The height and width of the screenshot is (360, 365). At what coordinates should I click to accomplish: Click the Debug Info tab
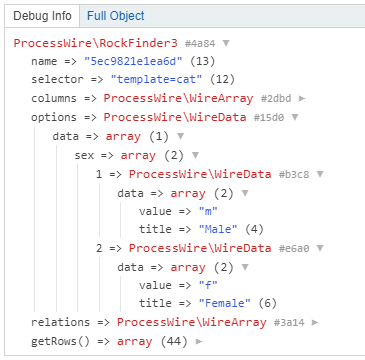[42, 16]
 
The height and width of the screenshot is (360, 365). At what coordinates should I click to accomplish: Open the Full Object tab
[116, 16]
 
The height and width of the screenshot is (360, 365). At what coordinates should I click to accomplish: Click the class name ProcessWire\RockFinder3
[96, 43]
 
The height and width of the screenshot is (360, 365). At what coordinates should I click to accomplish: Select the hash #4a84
[200, 43]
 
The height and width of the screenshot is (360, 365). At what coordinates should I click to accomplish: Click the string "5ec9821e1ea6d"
[134, 61]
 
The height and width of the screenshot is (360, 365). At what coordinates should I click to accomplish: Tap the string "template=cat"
[157, 79]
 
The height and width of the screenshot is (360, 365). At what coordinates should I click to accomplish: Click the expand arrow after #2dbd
[302, 99]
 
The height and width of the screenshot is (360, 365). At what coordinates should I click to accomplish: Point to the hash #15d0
[269, 117]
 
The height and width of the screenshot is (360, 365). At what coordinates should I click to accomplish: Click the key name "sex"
[84, 155]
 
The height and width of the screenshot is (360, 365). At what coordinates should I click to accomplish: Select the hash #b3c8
[294, 174]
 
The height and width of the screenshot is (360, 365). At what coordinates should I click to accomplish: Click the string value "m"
[208, 211]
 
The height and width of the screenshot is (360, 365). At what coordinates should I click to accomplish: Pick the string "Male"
[218, 229]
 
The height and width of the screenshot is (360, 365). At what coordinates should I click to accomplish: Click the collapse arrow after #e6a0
[320, 248]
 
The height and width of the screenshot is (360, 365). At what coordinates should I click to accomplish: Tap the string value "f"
[208, 285]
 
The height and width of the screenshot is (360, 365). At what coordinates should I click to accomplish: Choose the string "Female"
[225, 303]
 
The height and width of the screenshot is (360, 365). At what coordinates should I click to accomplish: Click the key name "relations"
[61, 322]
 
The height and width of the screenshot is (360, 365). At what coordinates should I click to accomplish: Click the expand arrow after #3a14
[315, 323]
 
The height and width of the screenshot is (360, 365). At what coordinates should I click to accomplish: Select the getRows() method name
[61, 341]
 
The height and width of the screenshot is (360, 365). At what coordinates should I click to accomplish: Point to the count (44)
[174, 341]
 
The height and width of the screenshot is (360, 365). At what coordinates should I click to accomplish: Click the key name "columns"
[54, 99]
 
